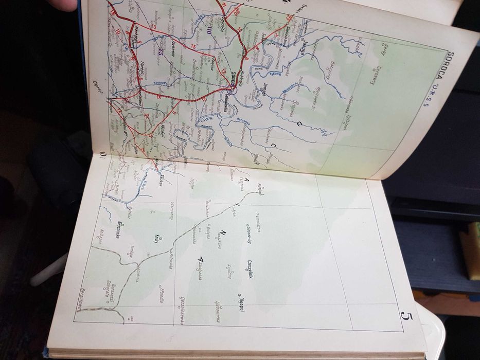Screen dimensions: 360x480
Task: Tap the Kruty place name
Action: click(x=156, y=242)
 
